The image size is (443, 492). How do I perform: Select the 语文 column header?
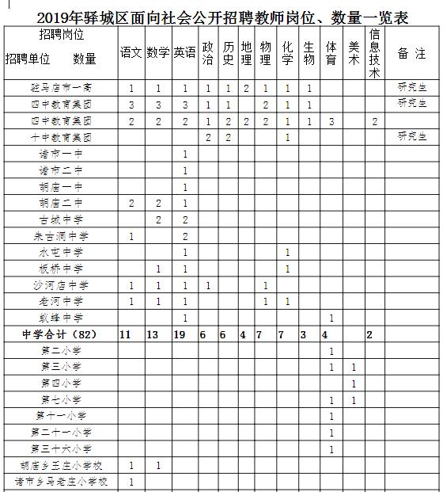click(x=131, y=52)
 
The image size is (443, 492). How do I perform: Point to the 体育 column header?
click(x=331, y=52)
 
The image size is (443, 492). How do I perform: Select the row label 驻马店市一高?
click(x=60, y=88)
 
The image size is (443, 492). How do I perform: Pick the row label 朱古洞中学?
click(x=60, y=235)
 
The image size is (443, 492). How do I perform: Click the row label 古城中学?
click(x=60, y=219)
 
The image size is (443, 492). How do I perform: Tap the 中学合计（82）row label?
click(x=59, y=335)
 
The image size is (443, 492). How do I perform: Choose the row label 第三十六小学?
click(x=60, y=449)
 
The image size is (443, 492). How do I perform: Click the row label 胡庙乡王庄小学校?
click(x=60, y=465)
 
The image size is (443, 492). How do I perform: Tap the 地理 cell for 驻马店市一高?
click(x=246, y=88)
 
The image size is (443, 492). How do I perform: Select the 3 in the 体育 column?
click(x=331, y=121)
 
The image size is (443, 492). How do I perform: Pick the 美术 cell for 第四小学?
click(x=354, y=384)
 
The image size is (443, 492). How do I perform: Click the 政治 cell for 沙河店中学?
click(x=207, y=285)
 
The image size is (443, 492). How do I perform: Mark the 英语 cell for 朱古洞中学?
click(x=184, y=235)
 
